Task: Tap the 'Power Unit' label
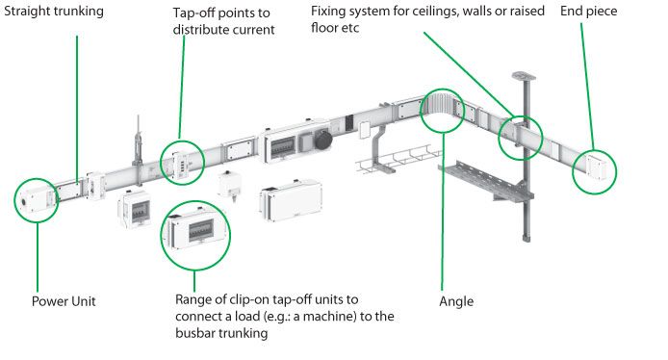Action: (x=64, y=301)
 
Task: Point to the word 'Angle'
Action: (x=456, y=301)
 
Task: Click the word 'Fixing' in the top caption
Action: (x=329, y=11)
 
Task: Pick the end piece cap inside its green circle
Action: (x=595, y=169)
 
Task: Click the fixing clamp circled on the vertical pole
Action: (x=520, y=136)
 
